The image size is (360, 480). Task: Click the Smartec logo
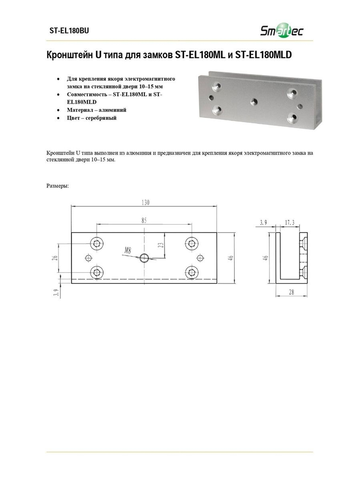coord(282,30)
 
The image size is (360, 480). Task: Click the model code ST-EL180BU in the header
coord(69,31)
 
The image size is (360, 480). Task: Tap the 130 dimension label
coord(145,202)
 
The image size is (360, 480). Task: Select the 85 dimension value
coord(144,220)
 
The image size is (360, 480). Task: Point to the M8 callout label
coord(127,250)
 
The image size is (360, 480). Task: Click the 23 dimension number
coord(162,245)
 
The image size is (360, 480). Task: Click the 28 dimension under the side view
coord(291,292)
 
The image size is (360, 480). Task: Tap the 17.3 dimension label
coord(289,223)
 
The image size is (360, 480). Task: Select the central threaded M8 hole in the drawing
coord(144,258)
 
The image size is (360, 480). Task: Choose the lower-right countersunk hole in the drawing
coord(192,273)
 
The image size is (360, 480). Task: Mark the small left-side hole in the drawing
coord(88,258)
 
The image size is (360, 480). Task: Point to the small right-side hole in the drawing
coord(200,258)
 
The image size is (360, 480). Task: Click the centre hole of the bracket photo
coord(254,102)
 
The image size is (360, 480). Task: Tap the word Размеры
coord(58,186)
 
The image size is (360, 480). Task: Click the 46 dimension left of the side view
coord(266,258)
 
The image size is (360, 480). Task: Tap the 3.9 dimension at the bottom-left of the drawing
coord(56,292)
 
